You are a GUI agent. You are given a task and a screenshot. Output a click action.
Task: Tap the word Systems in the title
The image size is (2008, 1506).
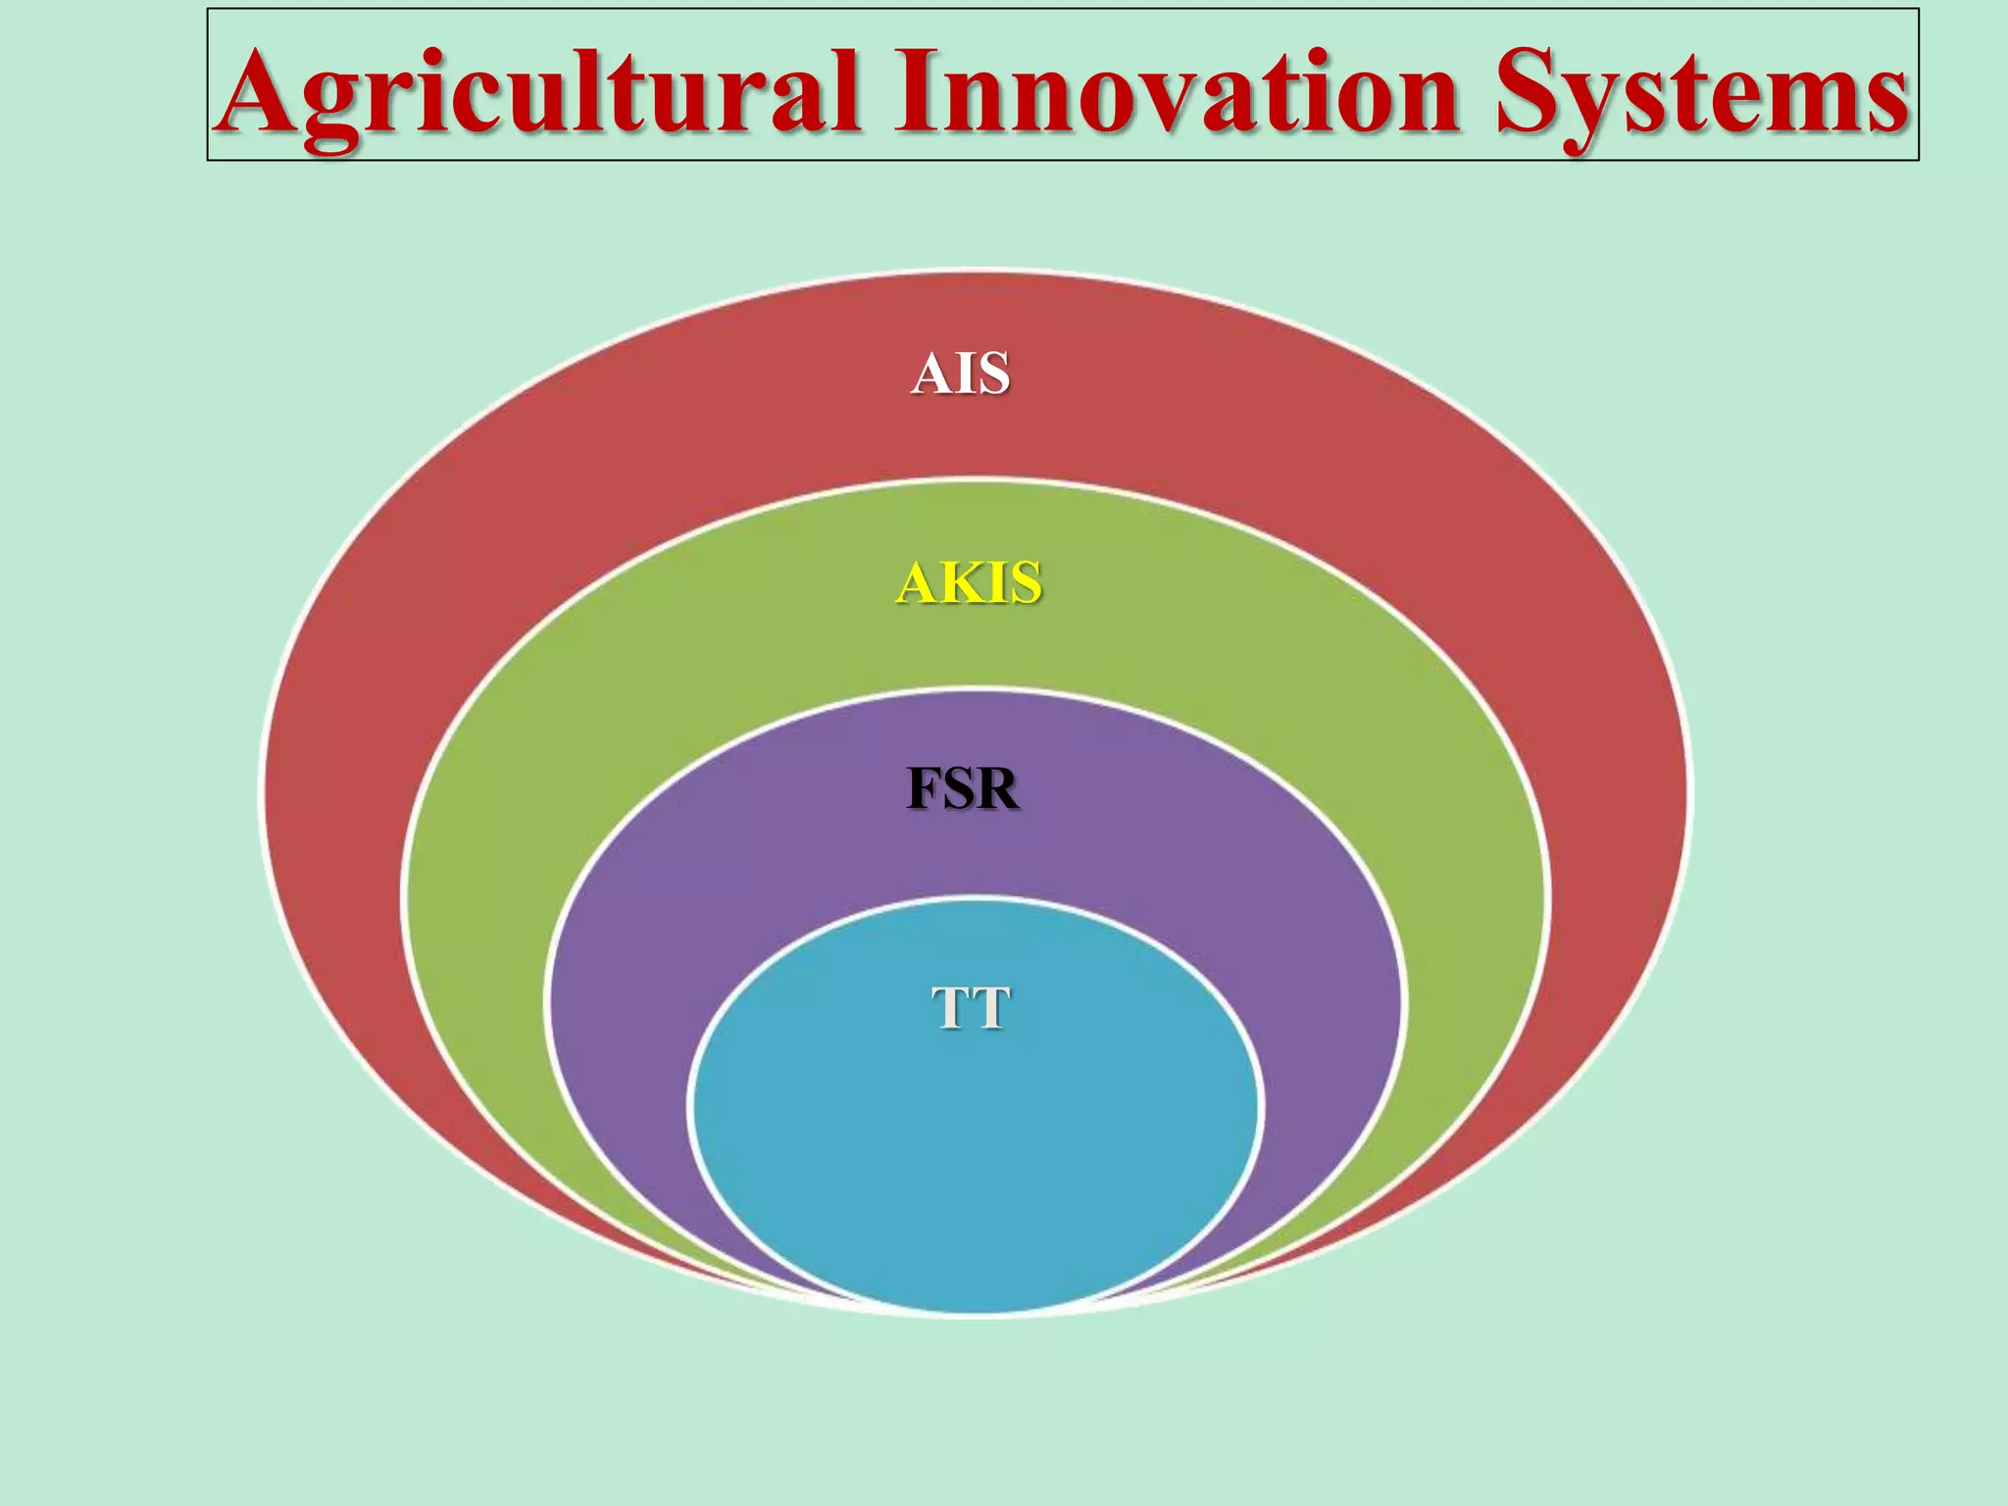1701,93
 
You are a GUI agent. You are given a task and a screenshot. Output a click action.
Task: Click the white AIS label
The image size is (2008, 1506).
960,374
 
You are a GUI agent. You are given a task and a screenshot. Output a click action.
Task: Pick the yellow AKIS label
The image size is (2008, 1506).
969,582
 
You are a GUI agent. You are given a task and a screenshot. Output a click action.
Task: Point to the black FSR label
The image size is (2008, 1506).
963,789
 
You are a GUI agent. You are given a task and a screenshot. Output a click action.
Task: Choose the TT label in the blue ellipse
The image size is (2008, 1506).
970,1008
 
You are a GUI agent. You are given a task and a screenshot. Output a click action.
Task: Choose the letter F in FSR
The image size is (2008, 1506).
924,789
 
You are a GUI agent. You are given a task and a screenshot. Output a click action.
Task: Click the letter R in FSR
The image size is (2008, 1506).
997,789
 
